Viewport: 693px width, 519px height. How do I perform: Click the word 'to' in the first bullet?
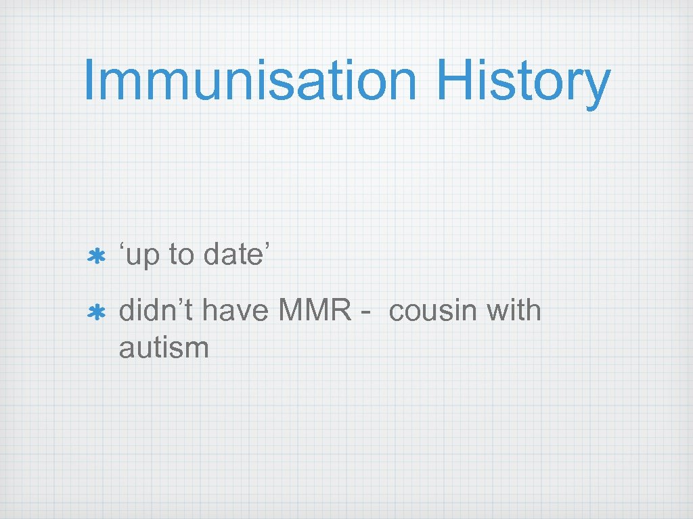tap(181, 255)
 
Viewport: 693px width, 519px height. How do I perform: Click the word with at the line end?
tap(516, 311)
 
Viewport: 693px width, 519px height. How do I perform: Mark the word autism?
tap(164, 349)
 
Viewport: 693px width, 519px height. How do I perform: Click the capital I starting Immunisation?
tap(89, 81)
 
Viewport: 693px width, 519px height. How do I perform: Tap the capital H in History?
tap(454, 81)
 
